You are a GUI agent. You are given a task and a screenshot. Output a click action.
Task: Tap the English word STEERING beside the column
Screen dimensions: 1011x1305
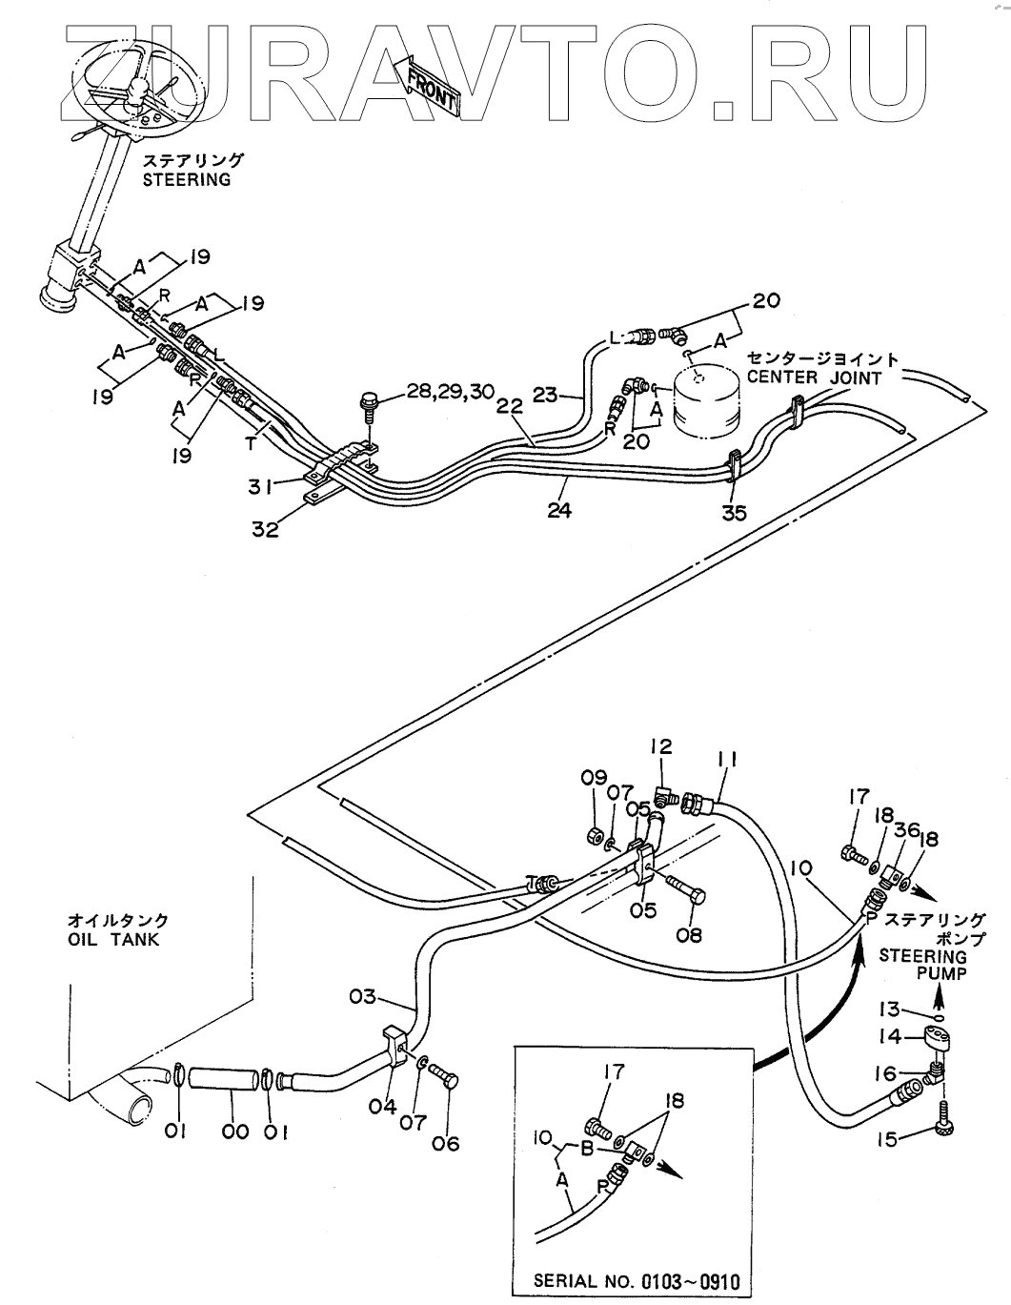pyautogui.click(x=186, y=179)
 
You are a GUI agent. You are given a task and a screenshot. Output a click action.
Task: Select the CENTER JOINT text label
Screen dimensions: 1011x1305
pyautogui.click(x=814, y=377)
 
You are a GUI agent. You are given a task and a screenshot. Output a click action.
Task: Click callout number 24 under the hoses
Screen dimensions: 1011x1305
pyautogui.click(x=559, y=510)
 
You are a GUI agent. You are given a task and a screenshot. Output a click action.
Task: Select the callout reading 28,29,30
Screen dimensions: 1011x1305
pyautogui.click(x=451, y=391)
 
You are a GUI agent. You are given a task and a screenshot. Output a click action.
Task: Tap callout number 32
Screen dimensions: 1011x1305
pyautogui.click(x=265, y=529)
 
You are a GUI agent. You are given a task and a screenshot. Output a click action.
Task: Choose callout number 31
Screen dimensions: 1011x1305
pyautogui.click(x=259, y=486)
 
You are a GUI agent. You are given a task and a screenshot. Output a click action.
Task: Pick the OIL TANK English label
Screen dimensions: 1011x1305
pyautogui.click(x=113, y=939)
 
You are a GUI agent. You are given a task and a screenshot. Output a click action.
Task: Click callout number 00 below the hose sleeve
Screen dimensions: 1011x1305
pyautogui.click(x=234, y=1132)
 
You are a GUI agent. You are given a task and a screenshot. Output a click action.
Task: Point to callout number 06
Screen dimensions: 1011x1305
pyautogui.click(x=445, y=1144)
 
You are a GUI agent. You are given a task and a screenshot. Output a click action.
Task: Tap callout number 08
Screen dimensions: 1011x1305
pyautogui.click(x=687, y=935)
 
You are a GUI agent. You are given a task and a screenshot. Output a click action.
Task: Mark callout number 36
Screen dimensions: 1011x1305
pyautogui.click(x=907, y=829)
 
